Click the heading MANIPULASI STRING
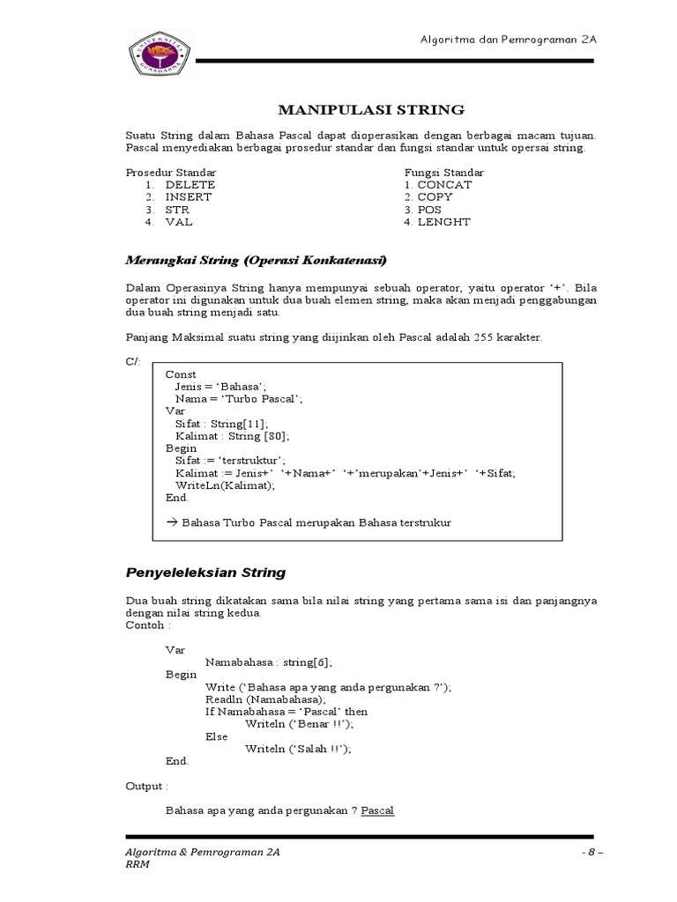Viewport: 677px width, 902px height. pos(370,110)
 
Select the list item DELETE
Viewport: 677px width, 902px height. pos(190,185)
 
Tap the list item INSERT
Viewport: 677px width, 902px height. pos(188,197)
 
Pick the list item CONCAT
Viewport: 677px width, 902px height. pos(444,185)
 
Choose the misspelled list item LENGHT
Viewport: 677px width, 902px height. pos(444,222)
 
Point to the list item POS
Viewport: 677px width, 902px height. pos(429,210)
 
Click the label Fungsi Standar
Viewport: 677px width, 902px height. pos(443,172)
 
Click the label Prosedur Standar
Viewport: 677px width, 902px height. pos(170,172)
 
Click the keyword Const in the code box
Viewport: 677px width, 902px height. pos(181,374)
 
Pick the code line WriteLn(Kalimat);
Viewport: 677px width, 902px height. pos(225,485)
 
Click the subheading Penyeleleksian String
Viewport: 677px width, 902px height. pos(205,573)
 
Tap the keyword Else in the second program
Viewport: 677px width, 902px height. pos(216,736)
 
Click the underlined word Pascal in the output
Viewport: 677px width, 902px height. pos(377,810)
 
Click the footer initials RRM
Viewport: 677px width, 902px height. pos(138,866)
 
